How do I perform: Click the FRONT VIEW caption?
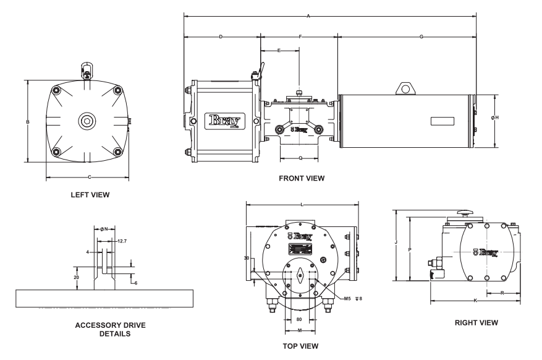coord(302,178)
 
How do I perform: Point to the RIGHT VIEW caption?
coord(476,322)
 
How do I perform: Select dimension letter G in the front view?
coord(421,37)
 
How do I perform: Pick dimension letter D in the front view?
coord(221,37)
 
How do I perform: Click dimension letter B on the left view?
coord(28,122)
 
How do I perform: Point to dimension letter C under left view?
coord(90,178)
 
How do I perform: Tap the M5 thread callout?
coord(348,298)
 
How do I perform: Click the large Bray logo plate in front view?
coord(227,120)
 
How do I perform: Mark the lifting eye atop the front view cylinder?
coord(405,89)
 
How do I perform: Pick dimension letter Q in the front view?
coord(300,158)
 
